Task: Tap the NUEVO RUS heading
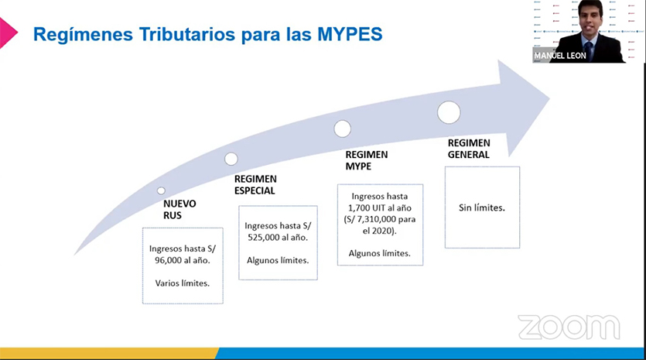(x=179, y=210)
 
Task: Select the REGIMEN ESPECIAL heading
(x=255, y=184)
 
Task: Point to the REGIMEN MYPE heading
(x=366, y=159)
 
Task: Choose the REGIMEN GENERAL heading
(x=469, y=149)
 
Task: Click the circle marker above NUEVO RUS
(x=161, y=190)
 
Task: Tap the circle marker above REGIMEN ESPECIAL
(x=231, y=159)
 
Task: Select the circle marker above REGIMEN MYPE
(x=342, y=129)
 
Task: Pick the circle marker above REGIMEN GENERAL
(x=449, y=113)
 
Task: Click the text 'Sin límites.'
(x=482, y=208)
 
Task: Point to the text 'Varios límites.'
(x=183, y=283)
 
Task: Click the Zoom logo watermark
(x=568, y=327)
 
